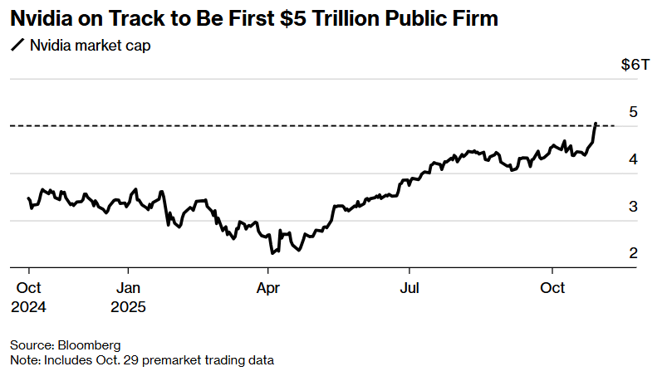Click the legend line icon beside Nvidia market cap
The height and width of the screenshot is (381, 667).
pyautogui.click(x=17, y=46)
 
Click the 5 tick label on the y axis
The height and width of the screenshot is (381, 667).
pyautogui.click(x=633, y=112)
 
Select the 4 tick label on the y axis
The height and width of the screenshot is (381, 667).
pyautogui.click(x=633, y=159)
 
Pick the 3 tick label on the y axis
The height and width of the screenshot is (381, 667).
pyautogui.click(x=633, y=207)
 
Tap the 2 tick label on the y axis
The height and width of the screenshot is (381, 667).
pyautogui.click(x=633, y=253)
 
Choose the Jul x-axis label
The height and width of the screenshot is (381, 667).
pyautogui.click(x=409, y=288)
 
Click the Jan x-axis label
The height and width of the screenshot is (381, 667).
pyautogui.click(x=128, y=288)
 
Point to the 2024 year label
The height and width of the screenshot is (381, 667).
pyautogui.click(x=28, y=307)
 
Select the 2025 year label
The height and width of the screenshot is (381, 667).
pyautogui.click(x=128, y=307)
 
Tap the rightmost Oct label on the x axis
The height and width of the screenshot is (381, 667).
pyautogui.click(x=552, y=288)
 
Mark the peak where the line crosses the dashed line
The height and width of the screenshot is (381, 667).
pyautogui.click(x=595, y=125)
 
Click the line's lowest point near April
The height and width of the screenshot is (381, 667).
pyautogui.click(x=271, y=252)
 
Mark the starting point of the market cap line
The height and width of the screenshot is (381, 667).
pyautogui.click(x=28, y=198)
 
